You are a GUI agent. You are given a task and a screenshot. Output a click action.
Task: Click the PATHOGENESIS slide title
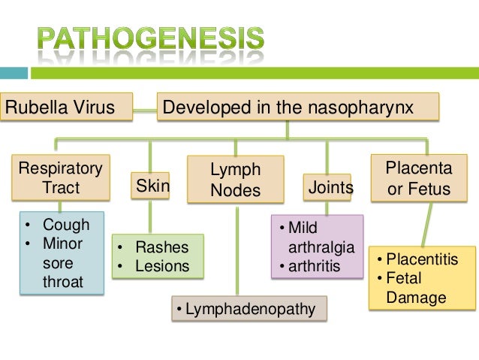pyautogui.click(x=150, y=40)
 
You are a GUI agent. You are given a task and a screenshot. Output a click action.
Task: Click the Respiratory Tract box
pyautogui.click(x=61, y=177)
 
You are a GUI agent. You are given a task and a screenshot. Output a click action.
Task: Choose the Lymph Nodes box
pyautogui.click(x=236, y=180)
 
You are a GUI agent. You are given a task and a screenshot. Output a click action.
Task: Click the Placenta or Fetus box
pyautogui.click(x=419, y=177)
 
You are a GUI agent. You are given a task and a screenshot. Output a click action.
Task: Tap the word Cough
pyautogui.click(x=66, y=225)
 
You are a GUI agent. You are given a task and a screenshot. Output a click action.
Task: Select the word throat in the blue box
pyautogui.click(x=63, y=283)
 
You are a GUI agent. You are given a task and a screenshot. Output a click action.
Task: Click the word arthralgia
pyautogui.click(x=321, y=247)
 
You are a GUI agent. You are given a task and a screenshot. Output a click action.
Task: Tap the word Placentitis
pyautogui.click(x=432, y=260)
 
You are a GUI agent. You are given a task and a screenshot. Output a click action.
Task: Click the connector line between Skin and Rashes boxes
pyautogui.click(x=150, y=217)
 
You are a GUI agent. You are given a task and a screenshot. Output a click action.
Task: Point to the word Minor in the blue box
pyautogui.click(x=63, y=244)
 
